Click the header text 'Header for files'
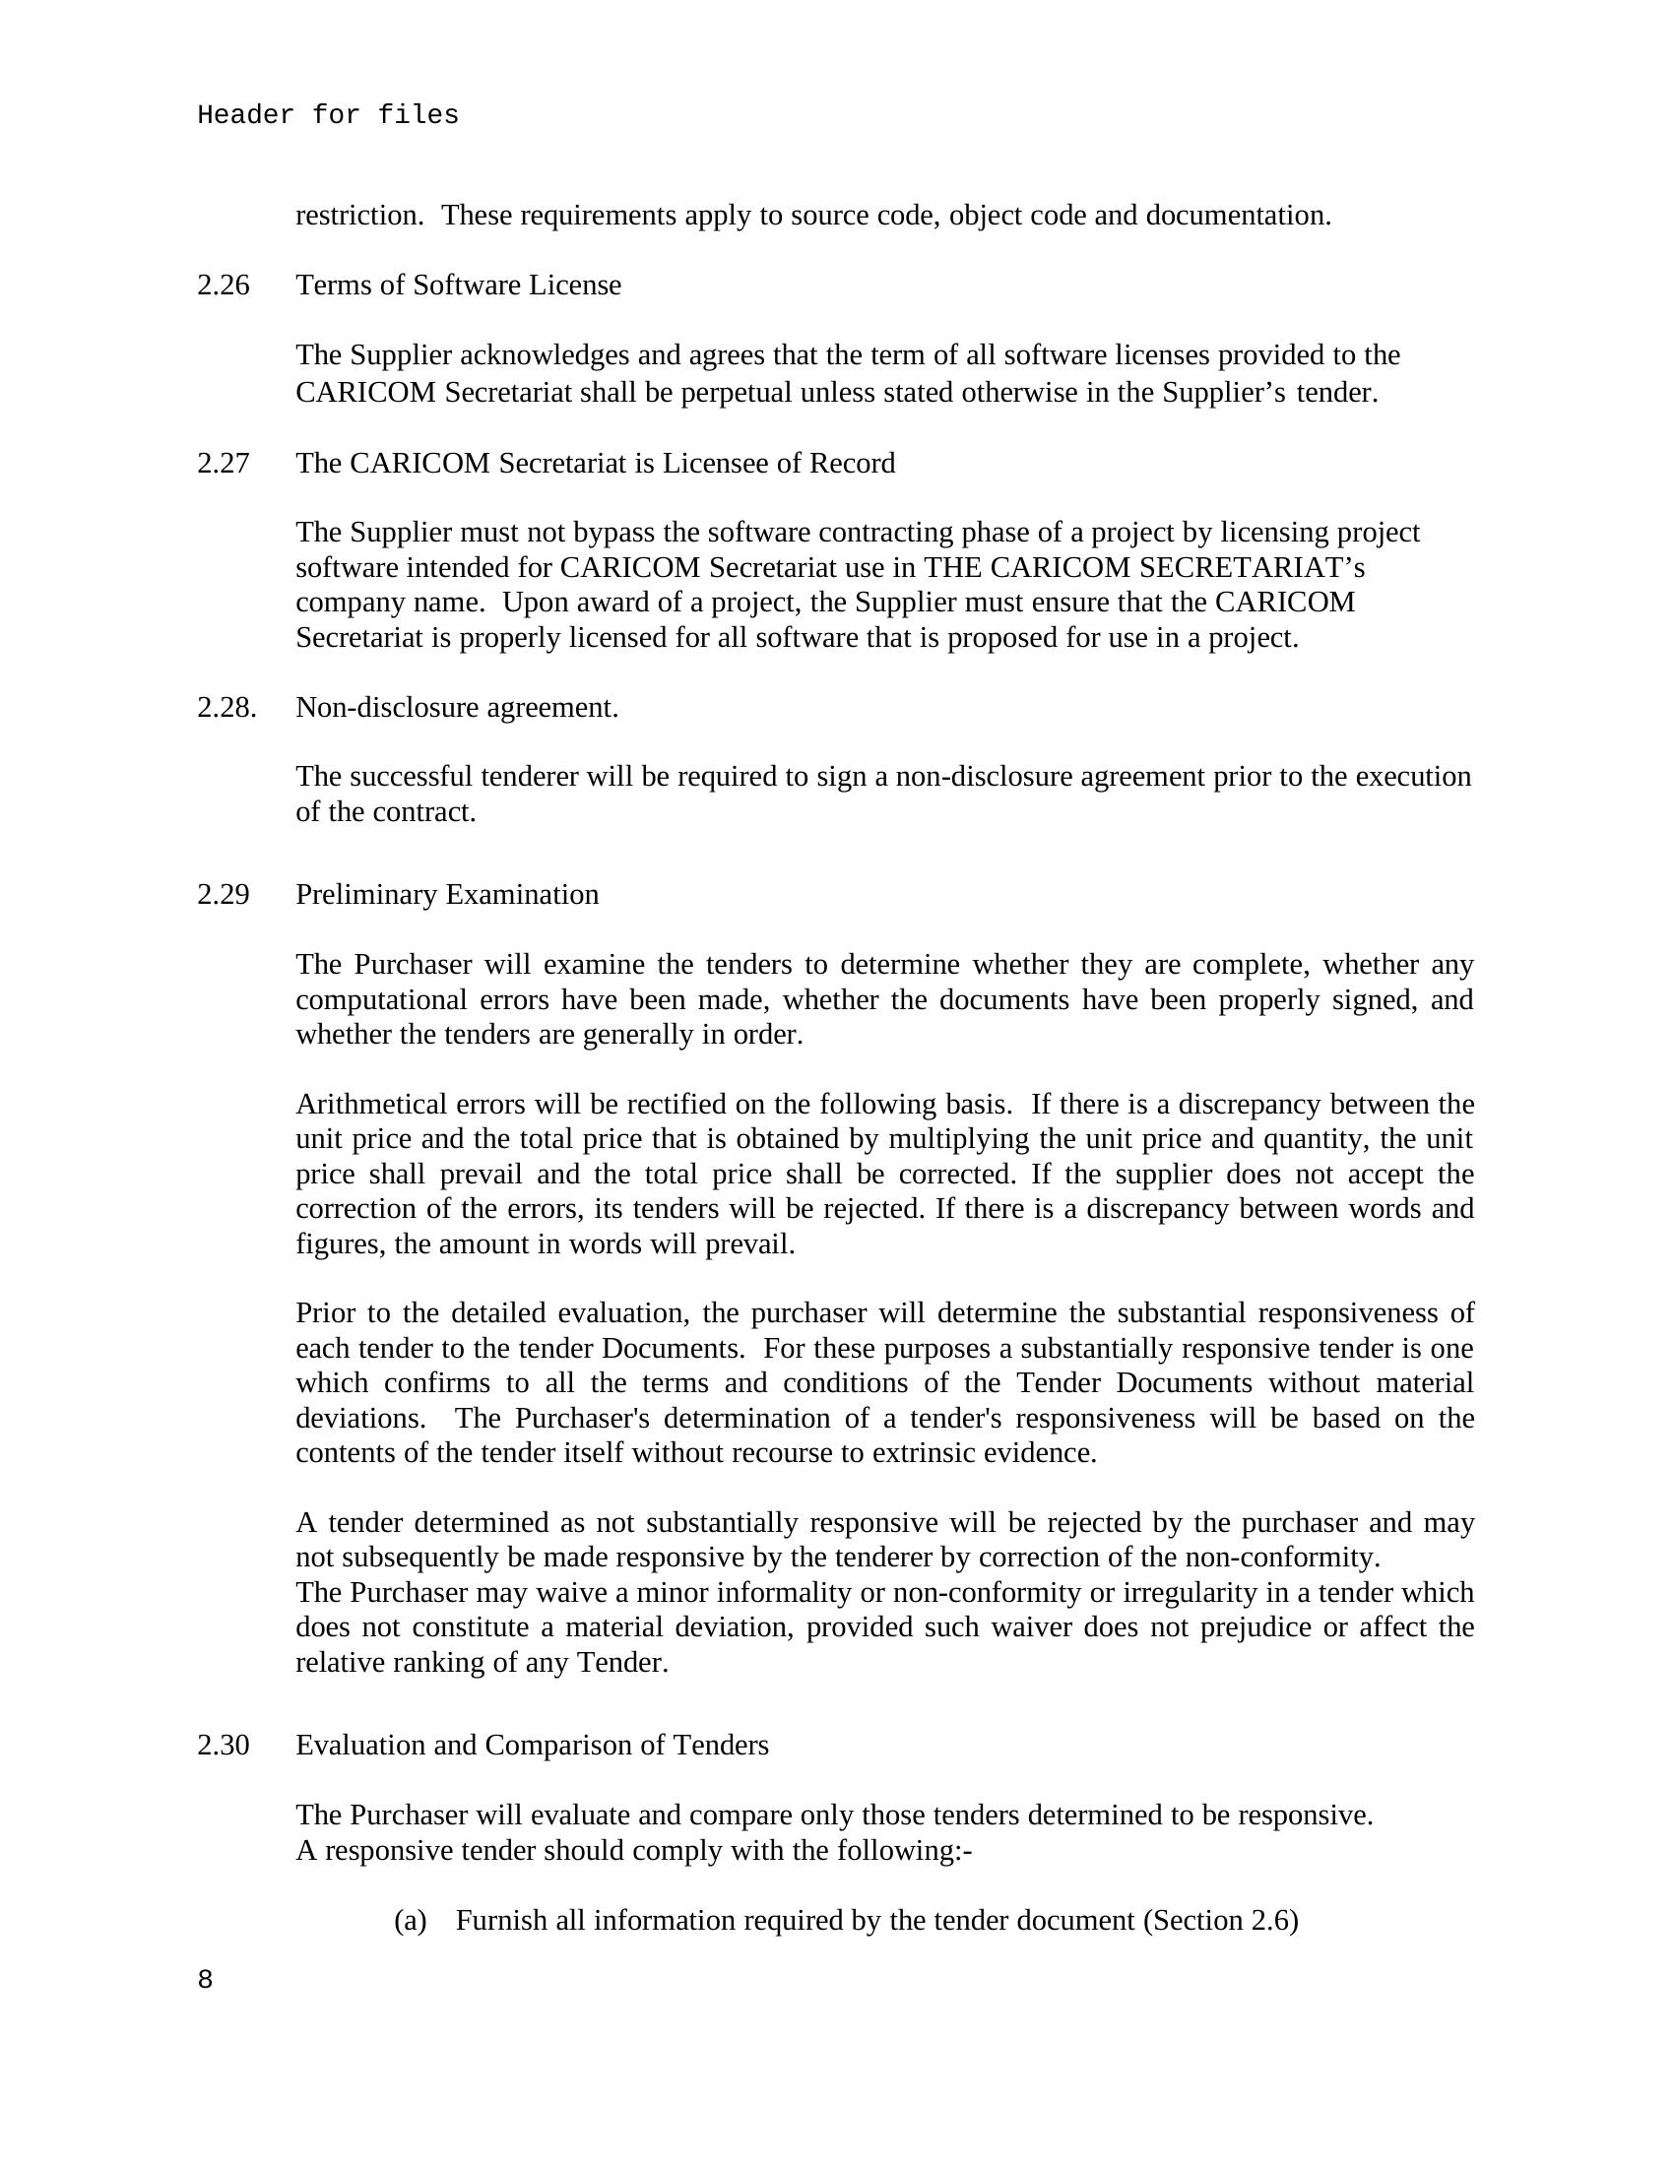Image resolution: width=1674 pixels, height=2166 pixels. (x=327, y=116)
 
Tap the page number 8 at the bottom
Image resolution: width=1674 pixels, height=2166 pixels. (x=205, y=1980)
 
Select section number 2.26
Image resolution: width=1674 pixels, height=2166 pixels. (x=224, y=286)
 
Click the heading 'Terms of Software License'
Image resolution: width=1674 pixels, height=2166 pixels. (x=458, y=286)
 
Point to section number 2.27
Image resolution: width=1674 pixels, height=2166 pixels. (x=224, y=463)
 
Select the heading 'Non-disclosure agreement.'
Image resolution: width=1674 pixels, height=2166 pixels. (x=457, y=707)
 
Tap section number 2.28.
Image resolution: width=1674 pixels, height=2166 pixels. (x=226, y=707)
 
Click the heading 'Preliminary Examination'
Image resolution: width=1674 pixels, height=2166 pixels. (x=447, y=895)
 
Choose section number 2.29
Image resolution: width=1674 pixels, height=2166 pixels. (x=224, y=895)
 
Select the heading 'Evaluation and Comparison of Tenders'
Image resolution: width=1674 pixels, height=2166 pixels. (x=532, y=1746)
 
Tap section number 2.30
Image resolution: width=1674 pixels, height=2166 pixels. (x=224, y=1746)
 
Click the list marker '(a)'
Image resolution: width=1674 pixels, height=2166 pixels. (x=410, y=1920)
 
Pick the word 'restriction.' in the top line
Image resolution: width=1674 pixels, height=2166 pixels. (x=360, y=216)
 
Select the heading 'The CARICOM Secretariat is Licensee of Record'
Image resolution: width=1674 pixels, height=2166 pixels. (x=595, y=463)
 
